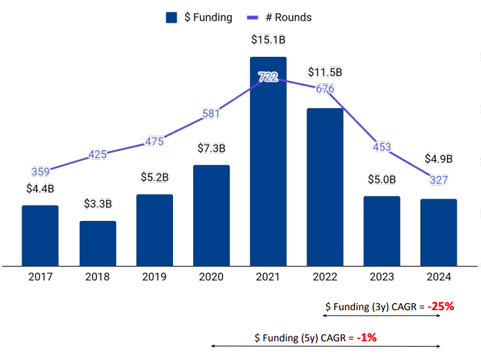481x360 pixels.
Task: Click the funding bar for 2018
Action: (98, 243)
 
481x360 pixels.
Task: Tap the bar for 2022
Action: (325, 186)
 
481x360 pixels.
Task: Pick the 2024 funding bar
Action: (438, 232)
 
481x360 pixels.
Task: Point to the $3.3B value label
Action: (98, 204)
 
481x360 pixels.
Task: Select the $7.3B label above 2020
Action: (211, 149)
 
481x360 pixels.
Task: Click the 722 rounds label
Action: (268, 77)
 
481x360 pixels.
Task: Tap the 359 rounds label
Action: (41, 171)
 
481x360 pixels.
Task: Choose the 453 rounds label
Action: (381, 147)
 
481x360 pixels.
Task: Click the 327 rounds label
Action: (438, 180)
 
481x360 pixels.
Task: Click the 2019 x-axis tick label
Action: (154, 277)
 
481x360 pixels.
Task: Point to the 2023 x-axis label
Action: (381, 277)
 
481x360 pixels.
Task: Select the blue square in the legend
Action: (172, 18)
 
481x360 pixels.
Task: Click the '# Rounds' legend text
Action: (289, 18)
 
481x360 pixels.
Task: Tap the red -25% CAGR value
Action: (440, 306)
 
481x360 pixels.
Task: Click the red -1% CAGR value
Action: (366, 337)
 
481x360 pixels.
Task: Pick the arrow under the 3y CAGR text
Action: (382, 316)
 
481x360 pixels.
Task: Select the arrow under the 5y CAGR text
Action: (325, 346)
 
